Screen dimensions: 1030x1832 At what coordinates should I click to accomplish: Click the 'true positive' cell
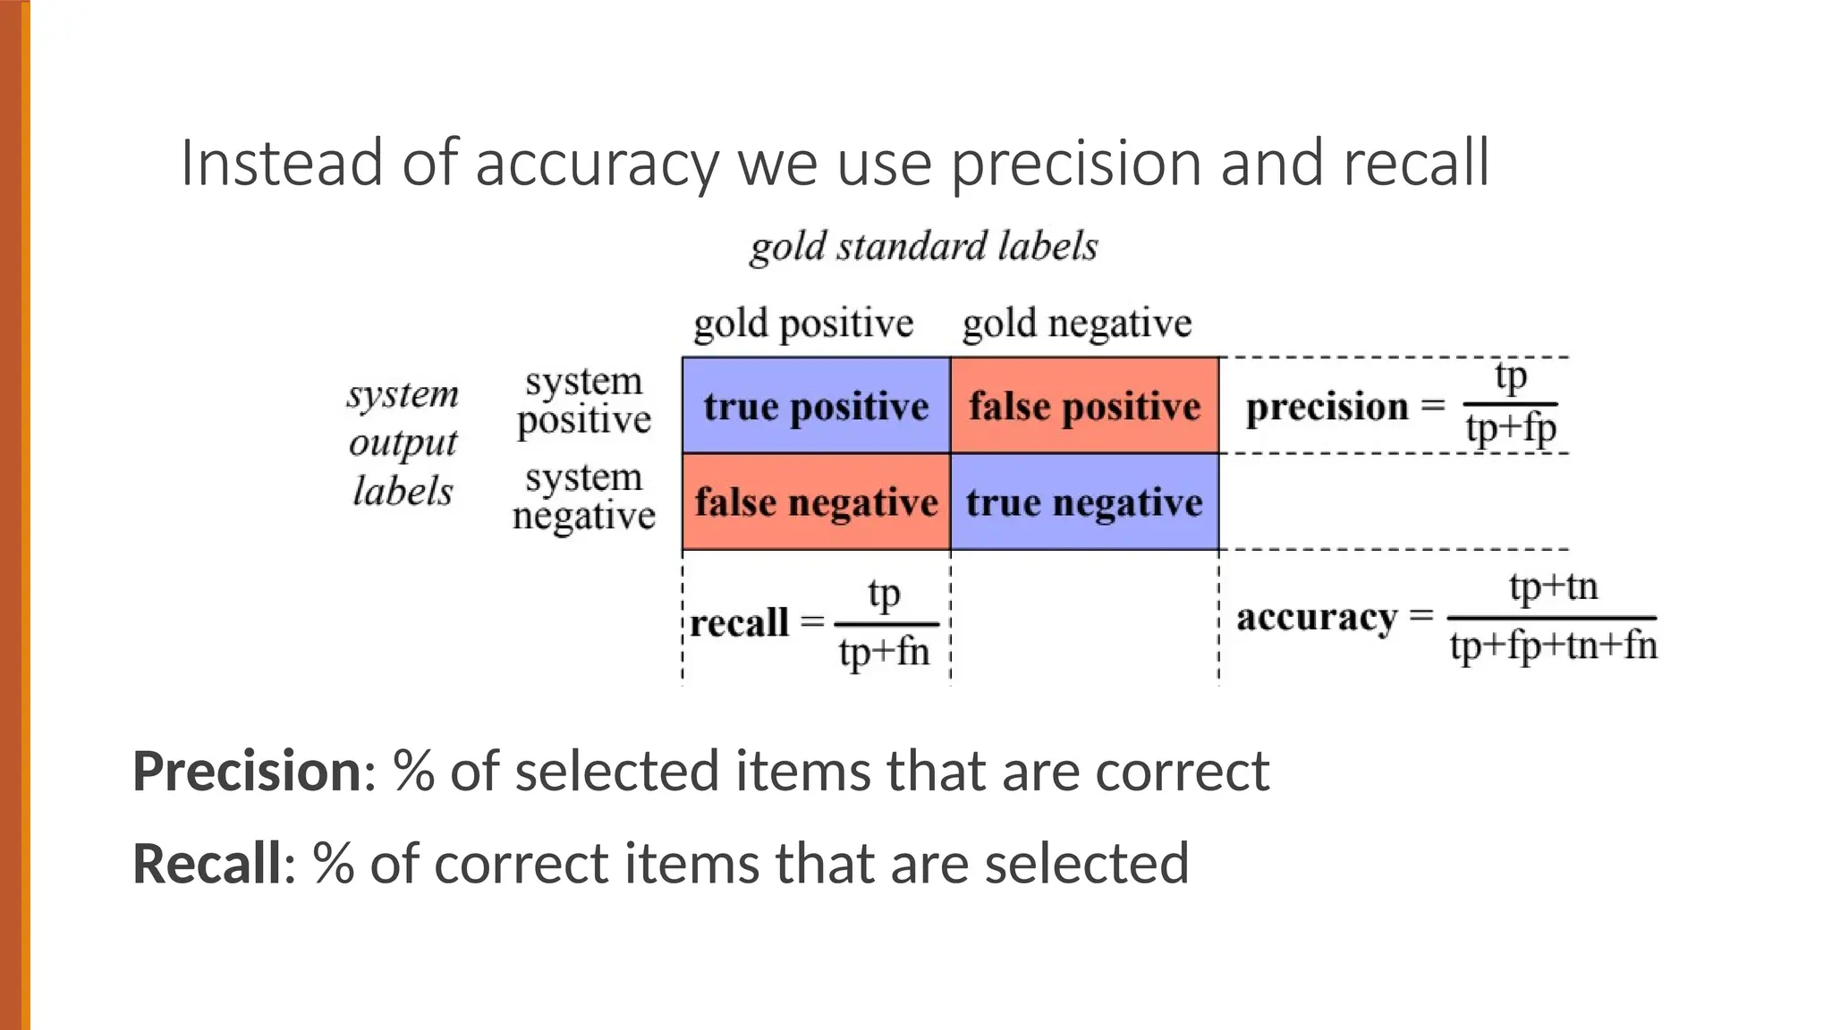tap(816, 406)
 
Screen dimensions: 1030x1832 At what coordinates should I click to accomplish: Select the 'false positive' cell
tap(1084, 406)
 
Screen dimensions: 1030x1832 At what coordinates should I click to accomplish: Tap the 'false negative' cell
tap(816, 502)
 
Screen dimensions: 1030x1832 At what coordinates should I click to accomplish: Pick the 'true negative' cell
tap(1084, 502)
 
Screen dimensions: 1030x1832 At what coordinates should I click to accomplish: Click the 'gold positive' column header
tap(803, 323)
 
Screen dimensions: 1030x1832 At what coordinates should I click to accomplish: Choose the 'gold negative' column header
tap(1077, 323)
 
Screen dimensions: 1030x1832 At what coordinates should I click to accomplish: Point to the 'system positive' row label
tap(584, 401)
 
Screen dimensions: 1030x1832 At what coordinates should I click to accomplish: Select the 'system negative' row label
tap(584, 496)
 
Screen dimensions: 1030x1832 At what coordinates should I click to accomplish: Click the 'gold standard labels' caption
tap(923, 247)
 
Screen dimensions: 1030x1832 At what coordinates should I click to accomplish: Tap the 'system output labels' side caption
tap(403, 443)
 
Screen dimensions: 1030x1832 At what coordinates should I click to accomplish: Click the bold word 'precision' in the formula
tap(1327, 407)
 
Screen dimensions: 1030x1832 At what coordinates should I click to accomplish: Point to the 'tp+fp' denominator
tap(1511, 428)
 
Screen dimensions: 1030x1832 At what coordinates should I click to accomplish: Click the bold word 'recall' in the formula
tap(739, 623)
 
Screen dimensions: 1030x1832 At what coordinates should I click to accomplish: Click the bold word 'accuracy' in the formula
tap(1316, 617)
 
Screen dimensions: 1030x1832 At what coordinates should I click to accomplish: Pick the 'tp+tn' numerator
tap(1553, 587)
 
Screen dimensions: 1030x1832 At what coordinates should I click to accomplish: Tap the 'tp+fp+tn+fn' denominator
tap(1553, 646)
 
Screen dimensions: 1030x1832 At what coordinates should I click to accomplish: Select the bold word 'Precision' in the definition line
tap(247, 771)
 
